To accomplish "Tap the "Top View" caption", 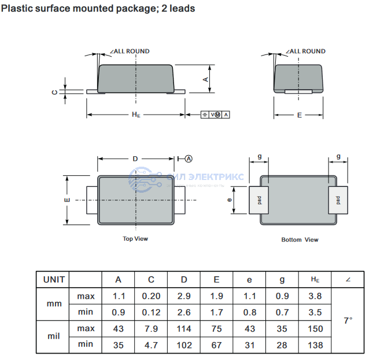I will (x=135, y=238).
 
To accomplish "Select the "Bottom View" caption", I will (x=300, y=240).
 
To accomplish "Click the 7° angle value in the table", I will (x=348, y=320).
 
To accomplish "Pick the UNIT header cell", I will (x=54, y=280).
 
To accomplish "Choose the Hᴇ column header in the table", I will (x=315, y=280).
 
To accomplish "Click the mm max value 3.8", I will (x=315, y=296).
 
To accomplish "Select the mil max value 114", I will (x=184, y=329).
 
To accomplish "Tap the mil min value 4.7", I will (x=151, y=344).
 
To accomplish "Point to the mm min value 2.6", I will (x=184, y=313).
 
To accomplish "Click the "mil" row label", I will (x=54, y=336).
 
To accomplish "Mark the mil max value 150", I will (x=315, y=329).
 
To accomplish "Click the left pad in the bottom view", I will (x=260, y=200).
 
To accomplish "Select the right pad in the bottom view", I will (x=337, y=200).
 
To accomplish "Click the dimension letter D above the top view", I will (x=135, y=158).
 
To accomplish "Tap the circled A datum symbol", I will (x=189, y=158).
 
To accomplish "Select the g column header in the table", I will (x=282, y=280).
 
